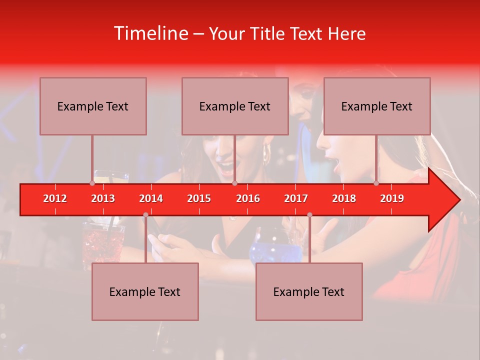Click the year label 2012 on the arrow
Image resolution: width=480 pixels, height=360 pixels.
pos(55,198)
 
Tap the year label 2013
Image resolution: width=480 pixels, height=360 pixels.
pos(103,198)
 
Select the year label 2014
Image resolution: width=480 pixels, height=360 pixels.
pos(151,198)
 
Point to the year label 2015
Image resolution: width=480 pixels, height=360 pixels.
pos(199,198)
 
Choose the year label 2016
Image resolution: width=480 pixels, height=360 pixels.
pos(248,198)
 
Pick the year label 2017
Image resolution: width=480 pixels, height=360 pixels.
pos(296,198)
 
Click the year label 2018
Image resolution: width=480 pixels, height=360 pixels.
pos(344,198)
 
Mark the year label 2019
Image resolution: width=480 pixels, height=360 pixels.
pos(392,198)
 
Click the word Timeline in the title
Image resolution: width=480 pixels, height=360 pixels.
pos(150,33)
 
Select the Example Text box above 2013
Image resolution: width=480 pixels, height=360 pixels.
pos(93,106)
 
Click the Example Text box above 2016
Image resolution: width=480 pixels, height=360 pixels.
pos(235,106)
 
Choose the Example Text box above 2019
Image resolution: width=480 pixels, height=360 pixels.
pos(377,106)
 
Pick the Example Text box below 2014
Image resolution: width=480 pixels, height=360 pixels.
pos(145,291)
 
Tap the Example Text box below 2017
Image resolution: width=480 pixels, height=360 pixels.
pos(309,291)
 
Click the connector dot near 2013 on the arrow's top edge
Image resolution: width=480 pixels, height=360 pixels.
pos(92,183)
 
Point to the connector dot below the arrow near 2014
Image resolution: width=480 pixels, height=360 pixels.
pos(145,215)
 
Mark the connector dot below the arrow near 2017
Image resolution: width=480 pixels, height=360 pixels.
pos(309,215)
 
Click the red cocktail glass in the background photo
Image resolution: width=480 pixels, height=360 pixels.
pos(103,245)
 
